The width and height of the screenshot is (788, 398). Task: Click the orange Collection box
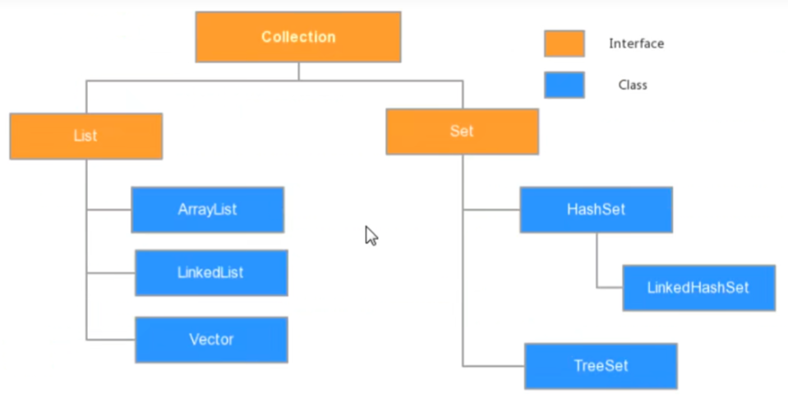[298, 37]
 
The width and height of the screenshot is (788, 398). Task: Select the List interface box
[86, 136]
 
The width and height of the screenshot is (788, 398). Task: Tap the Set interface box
[463, 132]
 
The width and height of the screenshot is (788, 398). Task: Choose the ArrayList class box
[208, 210]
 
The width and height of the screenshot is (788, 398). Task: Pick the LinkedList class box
[211, 273]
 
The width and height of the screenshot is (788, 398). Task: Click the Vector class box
[211, 340]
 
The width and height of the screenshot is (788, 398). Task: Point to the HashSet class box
[596, 210]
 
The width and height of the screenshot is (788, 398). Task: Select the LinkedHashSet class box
[699, 288]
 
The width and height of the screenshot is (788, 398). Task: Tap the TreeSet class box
[601, 366]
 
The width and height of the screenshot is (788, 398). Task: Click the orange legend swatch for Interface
[565, 44]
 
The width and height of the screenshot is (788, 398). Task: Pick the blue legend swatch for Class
[565, 85]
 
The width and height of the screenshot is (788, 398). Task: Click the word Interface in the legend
[636, 44]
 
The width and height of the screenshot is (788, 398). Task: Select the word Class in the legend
[633, 85]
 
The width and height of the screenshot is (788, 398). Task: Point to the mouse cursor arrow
[371, 235]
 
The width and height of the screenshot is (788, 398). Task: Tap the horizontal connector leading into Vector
[111, 340]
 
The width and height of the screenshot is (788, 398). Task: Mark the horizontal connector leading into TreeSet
[494, 366]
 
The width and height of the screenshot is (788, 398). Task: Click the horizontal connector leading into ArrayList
[108, 210]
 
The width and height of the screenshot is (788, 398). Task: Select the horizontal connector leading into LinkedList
[111, 273]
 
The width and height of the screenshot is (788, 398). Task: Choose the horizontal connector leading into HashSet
[491, 210]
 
